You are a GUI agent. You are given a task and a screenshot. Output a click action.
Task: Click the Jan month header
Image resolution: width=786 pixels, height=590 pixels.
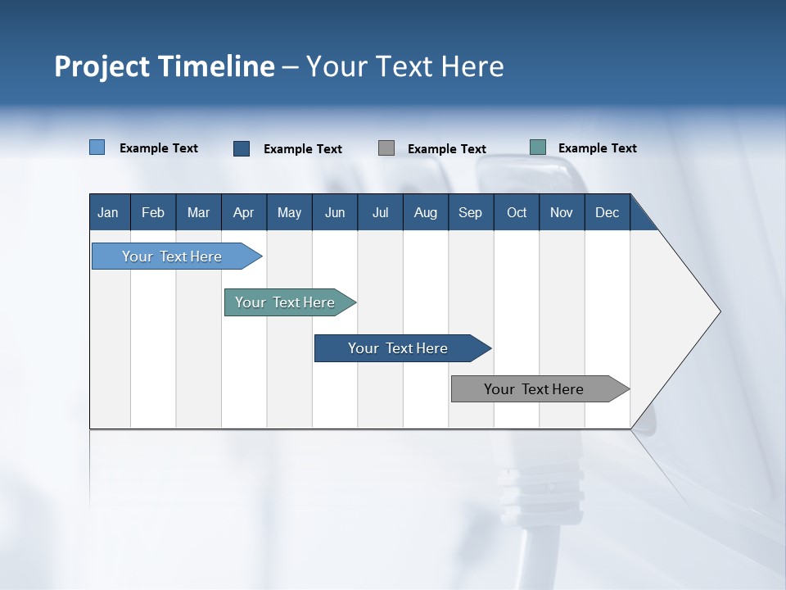[108, 212]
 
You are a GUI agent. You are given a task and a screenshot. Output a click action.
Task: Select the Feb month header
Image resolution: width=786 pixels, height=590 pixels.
[153, 212]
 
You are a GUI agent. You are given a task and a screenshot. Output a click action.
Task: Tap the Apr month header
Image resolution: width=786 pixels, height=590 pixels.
[243, 212]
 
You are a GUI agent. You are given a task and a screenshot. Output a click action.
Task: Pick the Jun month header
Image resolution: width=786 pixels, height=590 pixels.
[335, 212]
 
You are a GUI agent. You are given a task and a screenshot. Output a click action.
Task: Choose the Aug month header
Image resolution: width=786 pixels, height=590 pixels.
[425, 212]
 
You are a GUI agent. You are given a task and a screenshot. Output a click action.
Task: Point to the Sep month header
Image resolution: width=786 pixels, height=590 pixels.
[470, 212]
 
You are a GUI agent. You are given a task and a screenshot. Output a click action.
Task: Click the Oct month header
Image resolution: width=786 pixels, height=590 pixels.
[517, 212]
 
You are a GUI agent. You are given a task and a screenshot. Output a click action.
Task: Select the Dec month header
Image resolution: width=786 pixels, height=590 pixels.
[607, 212]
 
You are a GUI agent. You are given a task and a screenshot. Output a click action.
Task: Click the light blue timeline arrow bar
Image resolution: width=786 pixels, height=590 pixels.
[173, 256]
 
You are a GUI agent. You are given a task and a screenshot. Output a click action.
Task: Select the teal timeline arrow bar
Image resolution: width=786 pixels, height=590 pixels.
[286, 302]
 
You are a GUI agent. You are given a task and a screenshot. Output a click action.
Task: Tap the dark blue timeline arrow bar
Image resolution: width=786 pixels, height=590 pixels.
[398, 348]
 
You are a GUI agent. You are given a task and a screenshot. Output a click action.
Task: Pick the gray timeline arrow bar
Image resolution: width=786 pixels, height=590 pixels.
[535, 389]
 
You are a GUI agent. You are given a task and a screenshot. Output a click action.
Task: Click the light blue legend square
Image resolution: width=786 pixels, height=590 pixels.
[97, 147]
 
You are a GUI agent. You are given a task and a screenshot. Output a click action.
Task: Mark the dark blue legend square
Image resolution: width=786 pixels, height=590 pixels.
[242, 148]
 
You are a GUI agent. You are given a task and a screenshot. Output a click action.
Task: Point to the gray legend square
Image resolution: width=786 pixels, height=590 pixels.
[386, 148]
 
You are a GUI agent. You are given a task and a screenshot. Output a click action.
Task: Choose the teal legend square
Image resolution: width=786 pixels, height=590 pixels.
[538, 147]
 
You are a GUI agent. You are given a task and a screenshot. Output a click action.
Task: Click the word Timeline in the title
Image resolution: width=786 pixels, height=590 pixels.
[216, 66]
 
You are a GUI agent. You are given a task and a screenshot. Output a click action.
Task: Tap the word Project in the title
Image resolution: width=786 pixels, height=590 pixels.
[102, 66]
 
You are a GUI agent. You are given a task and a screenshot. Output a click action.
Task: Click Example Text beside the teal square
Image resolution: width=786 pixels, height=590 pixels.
[597, 148]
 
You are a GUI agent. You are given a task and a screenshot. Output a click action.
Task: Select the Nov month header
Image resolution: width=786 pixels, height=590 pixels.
[562, 212]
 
